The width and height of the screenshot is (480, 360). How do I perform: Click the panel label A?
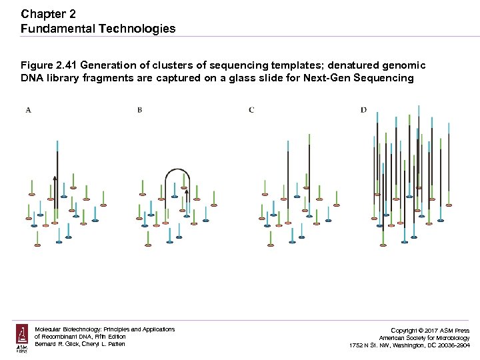[28, 110]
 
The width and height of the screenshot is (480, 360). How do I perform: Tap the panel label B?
[139, 110]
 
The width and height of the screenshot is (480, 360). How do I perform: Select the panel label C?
[251, 110]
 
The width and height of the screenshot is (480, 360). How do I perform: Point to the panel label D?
[363, 110]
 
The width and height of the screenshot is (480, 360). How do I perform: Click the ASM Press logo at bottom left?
[22, 339]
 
